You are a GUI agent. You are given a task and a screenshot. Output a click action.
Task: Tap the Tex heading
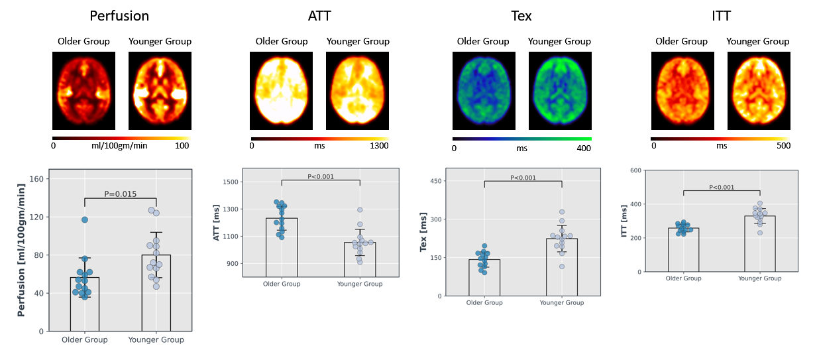click(521, 15)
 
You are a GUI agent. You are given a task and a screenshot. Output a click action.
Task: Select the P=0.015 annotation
click(120, 194)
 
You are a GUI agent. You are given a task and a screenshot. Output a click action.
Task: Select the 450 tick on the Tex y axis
click(437, 180)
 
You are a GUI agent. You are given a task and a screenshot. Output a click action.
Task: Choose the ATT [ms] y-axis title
click(217, 223)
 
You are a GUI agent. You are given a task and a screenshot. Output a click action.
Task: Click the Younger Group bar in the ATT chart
click(360, 259)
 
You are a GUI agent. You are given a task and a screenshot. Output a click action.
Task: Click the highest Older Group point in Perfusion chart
click(84, 219)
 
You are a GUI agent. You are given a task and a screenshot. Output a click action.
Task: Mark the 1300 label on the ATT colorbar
click(379, 147)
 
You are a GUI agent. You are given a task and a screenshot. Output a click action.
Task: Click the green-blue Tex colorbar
click(521, 139)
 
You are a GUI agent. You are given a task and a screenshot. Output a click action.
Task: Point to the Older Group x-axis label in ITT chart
click(683, 278)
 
